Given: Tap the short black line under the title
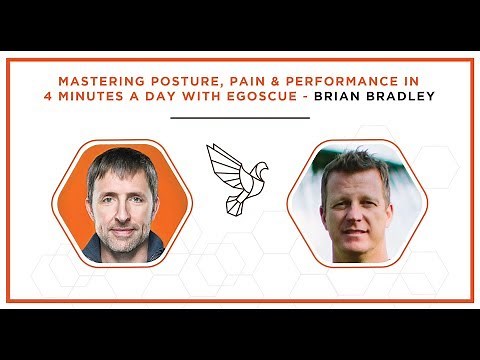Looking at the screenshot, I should (240, 117).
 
